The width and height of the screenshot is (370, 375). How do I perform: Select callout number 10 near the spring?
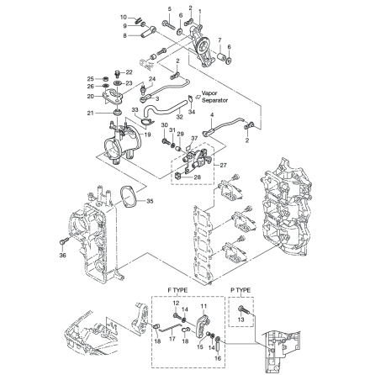coord(124,16)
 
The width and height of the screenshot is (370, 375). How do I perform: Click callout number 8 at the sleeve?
coord(124,34)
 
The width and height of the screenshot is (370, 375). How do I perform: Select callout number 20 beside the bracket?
coord(91,97)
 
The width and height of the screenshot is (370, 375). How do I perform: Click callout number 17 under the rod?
coord(173,341)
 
